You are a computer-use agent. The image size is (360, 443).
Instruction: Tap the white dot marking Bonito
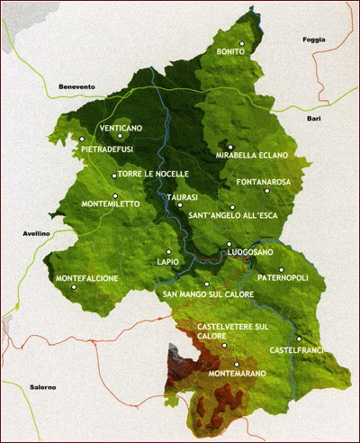242,42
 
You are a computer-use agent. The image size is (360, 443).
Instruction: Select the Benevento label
76,86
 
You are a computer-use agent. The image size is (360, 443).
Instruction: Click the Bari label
313,118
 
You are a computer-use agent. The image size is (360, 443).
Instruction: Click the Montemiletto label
111,204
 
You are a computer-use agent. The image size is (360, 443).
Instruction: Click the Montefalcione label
86,278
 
